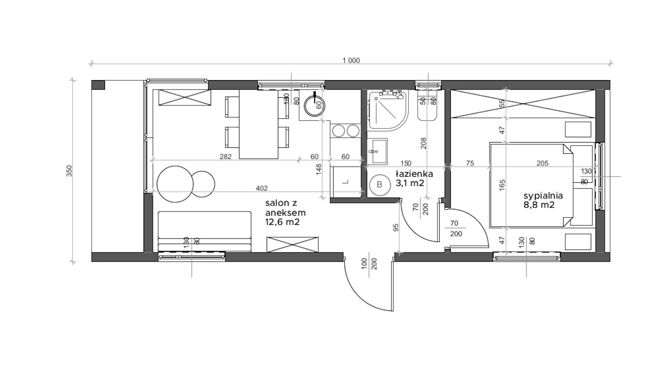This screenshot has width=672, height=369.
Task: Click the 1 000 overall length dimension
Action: pos(351,61)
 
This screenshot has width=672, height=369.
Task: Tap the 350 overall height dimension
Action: pos(69,171)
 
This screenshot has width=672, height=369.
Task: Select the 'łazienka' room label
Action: pos(414,174)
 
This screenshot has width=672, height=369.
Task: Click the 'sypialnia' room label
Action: pos(543,196)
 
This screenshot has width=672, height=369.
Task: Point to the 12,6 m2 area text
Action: pos(282,222)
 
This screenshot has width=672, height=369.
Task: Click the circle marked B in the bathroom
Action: pos(379,184)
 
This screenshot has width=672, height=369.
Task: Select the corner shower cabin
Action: pos(388,110)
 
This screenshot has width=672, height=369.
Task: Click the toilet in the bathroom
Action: pos(427,105)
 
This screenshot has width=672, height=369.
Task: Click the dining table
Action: pos(259,124)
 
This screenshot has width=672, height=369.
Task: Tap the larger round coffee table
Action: pos(175,184)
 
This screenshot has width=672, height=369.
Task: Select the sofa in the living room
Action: pos(204,231)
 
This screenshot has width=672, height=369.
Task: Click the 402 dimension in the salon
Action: pos(261,188)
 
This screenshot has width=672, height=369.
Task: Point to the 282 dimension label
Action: pos(225,157)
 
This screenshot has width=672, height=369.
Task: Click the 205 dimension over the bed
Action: pos(542,163)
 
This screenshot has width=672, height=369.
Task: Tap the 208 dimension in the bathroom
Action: pos(423,143)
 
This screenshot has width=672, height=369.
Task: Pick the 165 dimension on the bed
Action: pos(502,185)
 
